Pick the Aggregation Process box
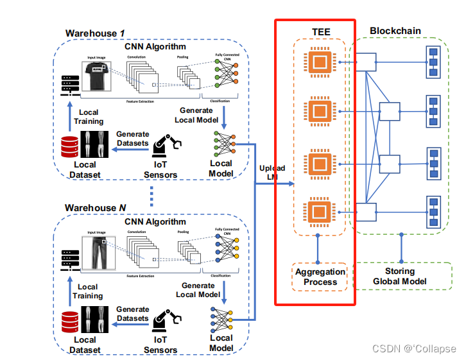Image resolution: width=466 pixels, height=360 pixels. [320, 277]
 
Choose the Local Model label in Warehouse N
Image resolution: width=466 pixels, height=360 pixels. [221, 343]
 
